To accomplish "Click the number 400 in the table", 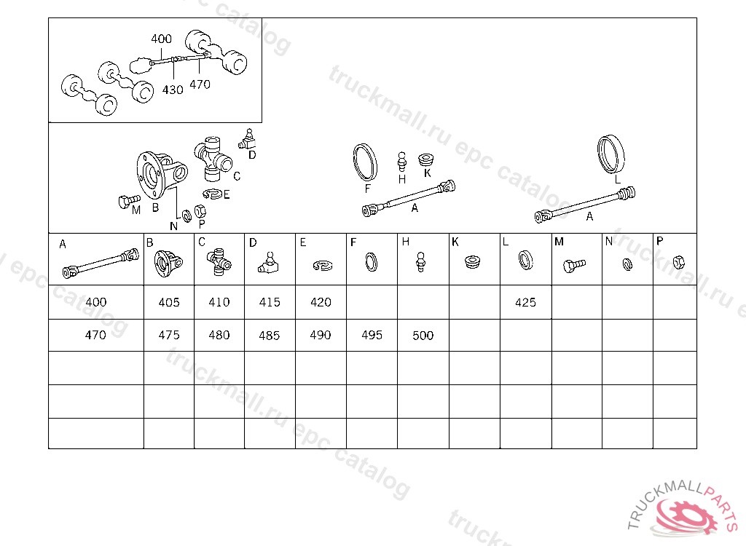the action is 96,302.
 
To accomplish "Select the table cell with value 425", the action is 525,303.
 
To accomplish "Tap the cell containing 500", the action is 423,336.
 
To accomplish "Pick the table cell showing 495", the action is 372,335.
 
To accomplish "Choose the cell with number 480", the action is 219,335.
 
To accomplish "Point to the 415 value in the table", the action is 270,302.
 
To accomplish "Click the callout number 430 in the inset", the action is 173,90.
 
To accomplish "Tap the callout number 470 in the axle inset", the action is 200,84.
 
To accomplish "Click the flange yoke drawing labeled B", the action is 162,175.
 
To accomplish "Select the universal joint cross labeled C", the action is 213,159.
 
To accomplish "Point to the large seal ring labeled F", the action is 366,162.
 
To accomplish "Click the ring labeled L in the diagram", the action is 611,154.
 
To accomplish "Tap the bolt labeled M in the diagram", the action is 128,201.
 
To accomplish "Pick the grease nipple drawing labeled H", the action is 402,162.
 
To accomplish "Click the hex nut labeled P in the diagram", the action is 200,210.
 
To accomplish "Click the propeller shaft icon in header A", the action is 101,263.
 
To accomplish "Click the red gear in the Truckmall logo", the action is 686,517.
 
